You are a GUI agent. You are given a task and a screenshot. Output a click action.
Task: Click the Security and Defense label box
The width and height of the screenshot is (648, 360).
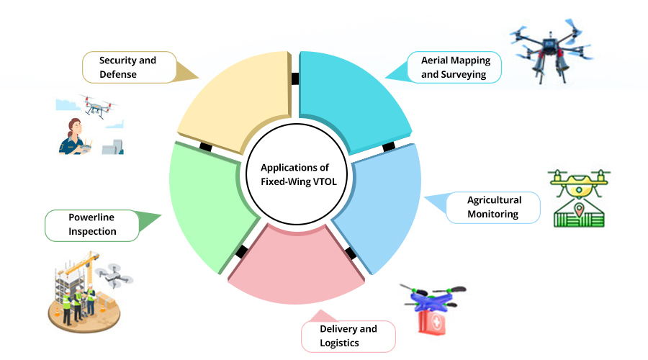[x=129, y=67]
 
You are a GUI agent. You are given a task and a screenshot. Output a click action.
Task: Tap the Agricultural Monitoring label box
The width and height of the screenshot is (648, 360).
[x=493, y=207]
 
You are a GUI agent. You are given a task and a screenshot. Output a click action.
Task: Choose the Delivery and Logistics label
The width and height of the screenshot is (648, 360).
[x=348, y=336]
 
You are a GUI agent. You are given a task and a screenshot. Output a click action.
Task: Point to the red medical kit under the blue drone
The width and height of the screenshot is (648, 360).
[x=433, y=320]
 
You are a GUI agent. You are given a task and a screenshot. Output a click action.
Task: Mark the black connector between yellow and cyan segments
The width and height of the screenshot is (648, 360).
[x=295, y=78]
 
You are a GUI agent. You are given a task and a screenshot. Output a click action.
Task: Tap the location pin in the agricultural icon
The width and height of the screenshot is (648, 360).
[x=578, y=211]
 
